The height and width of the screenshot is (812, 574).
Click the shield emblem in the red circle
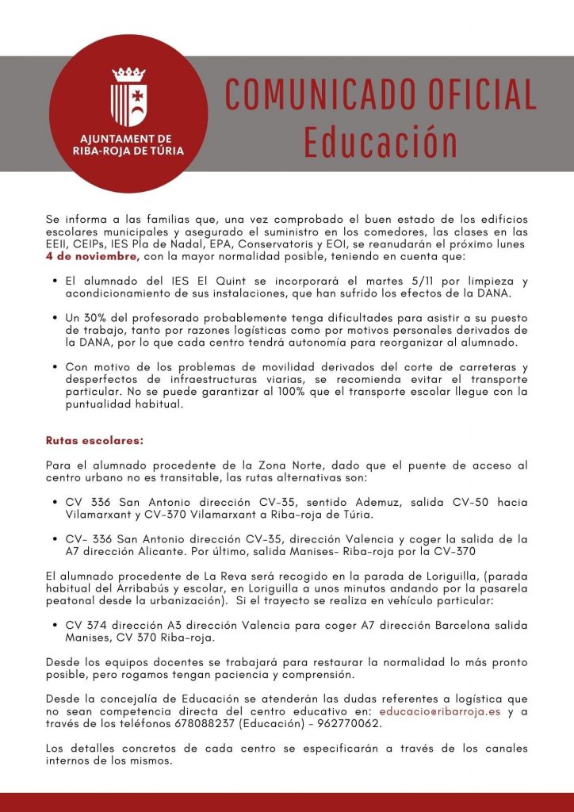pyautogui.click(x=128, y=98)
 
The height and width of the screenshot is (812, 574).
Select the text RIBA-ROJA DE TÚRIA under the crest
pyautogui.click(x=128, y=149)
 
